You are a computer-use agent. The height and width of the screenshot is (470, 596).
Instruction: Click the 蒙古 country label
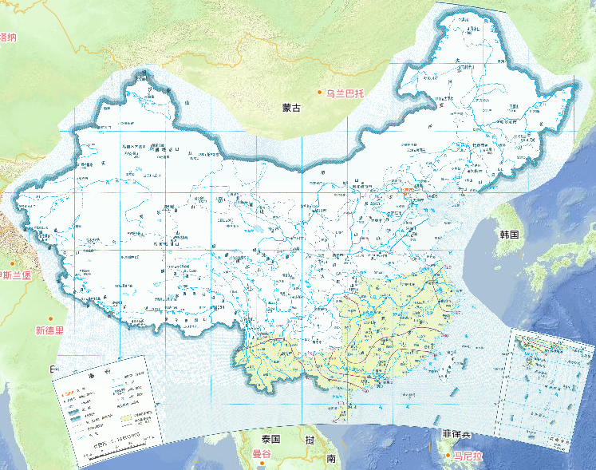(x=292, y=108)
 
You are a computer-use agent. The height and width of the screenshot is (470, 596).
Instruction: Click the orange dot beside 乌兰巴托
(x=320, y=93)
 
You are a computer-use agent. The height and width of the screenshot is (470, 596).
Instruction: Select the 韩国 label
(x=509, y=235)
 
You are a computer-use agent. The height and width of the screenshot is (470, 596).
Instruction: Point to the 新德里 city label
(x=49, y=330)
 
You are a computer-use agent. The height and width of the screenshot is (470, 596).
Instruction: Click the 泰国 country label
(x=270, y=440)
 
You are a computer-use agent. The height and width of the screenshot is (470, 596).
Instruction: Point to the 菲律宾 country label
(x=456, y=434)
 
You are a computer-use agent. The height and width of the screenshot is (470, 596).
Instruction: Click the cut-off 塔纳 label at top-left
(x=8, y=37)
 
